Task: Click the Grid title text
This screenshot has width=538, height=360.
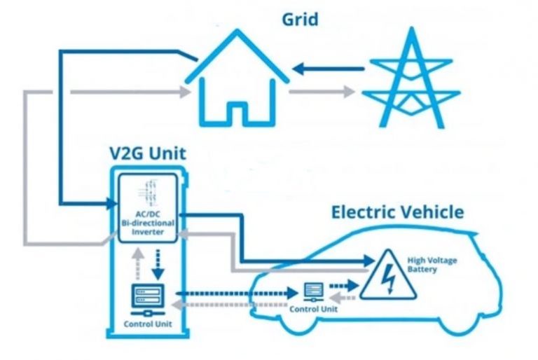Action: point(300,18)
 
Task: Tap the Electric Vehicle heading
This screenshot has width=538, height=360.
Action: point(397,212)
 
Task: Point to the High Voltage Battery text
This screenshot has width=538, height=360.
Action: point(432,265)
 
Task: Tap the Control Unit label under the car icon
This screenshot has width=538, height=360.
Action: point(314,308)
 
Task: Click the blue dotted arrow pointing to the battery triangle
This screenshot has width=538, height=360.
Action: point(343,286)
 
